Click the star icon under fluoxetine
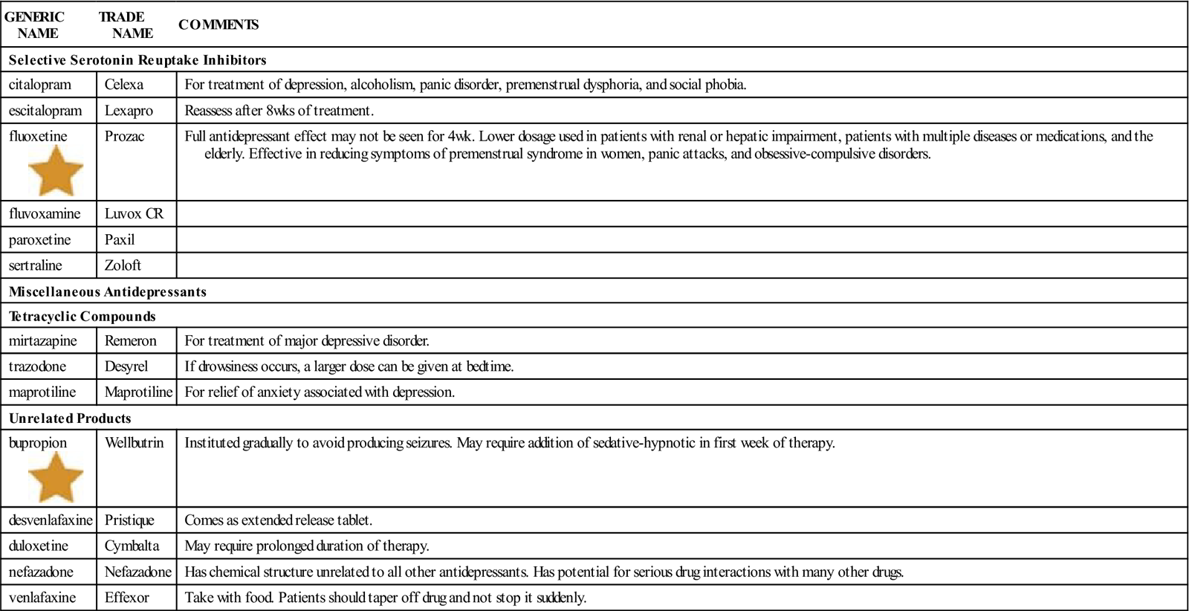tap(56, 171)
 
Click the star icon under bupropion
tap(56, 477)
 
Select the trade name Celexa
tap(124, 85)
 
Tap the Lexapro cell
tap(129, 111)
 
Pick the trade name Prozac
tap(124, 137)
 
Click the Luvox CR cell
tap(134, 214)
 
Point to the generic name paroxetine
tap(40, 240)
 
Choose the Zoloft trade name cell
tap(123, 265)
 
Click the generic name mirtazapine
tap(45, 341)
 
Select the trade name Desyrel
tap(126, 366)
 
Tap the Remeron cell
tap(130, 341)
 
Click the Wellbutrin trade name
tap(134, 443)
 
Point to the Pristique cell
tap(129, 520)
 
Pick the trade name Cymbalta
tap(132, 546)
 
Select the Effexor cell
tap(126, 598)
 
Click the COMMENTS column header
tap(218, 25)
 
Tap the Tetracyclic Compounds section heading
tap(82, 317)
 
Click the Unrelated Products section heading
tap(70, 418)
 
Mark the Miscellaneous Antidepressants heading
tap(108, 291)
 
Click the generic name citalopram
tap(40, 85)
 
